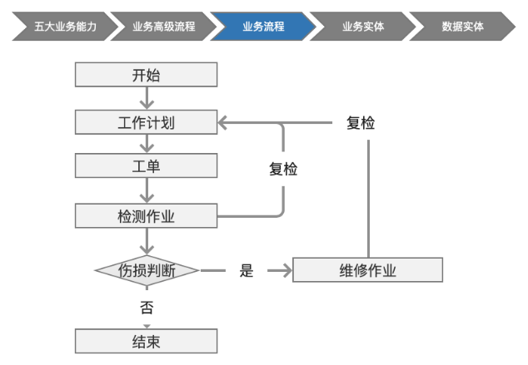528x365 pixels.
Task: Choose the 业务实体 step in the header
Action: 362,27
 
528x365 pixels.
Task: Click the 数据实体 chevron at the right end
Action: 462,27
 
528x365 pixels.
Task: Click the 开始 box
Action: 146,76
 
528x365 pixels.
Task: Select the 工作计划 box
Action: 146,122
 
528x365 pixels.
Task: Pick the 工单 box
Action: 146,165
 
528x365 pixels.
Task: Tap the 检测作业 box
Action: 146,216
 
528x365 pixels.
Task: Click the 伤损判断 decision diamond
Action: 147,270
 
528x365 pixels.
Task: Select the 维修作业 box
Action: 367,270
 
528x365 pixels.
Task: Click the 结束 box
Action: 146,341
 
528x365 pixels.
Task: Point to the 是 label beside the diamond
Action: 247,270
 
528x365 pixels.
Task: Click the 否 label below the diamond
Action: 147,308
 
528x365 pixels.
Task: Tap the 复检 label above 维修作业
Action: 360,123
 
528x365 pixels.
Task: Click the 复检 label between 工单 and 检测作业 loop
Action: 283,169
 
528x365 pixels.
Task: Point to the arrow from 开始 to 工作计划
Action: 147,98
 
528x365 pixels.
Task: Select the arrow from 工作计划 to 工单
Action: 147,144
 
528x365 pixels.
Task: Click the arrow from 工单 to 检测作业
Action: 147,190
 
